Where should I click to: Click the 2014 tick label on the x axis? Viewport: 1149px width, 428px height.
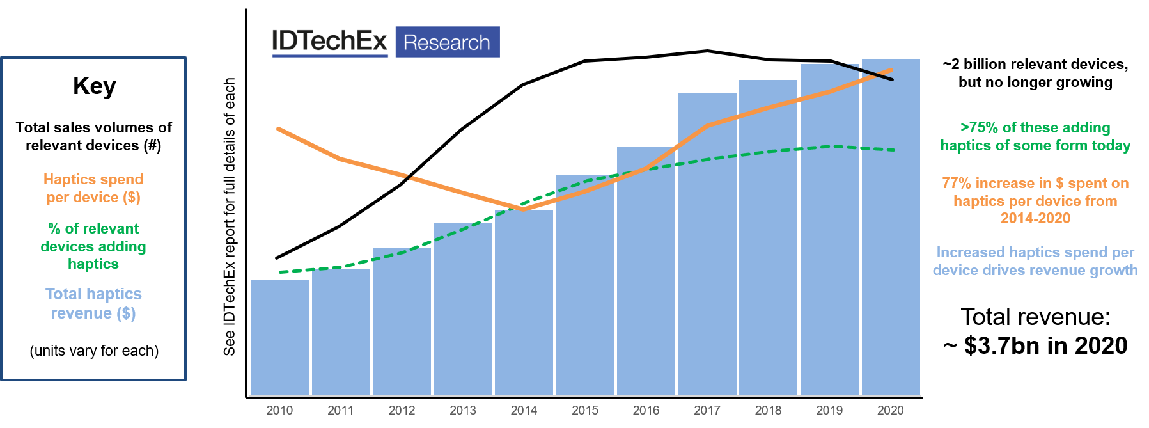coord(524,410)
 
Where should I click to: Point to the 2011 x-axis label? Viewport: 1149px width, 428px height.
coord(340,410)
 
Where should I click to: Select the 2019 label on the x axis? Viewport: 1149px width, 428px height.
coord(829,410)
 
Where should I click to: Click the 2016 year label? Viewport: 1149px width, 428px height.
coord(646,410)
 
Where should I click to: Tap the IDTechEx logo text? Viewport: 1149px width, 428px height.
coord(330,42)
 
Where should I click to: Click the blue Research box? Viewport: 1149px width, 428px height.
coord(447,42)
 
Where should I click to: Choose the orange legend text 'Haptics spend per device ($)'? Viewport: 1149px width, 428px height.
coord(93,188)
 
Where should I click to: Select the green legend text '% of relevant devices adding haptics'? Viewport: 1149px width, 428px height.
coord(93,246)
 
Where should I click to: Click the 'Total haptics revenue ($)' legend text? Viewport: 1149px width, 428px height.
coord(93,303)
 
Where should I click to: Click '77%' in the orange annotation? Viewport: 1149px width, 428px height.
coord(957,184)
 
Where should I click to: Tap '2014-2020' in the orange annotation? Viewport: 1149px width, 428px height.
coord(1035,218)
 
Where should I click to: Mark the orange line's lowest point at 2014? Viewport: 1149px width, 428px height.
coord(524,209)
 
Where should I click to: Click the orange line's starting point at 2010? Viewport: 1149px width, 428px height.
coord(279,129)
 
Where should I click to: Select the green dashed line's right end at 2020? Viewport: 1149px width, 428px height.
coord(893,150)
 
